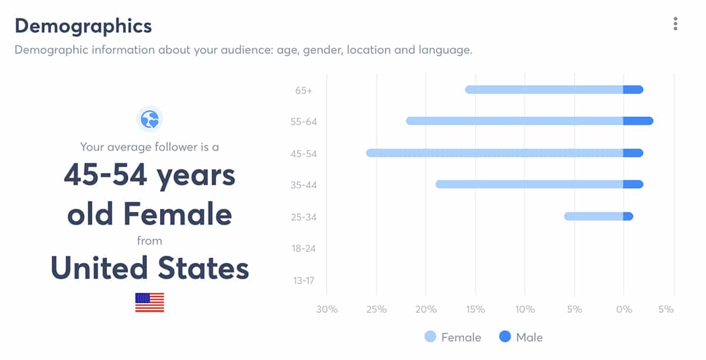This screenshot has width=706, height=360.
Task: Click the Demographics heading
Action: coord(83,26)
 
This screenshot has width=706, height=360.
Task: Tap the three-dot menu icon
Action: coord(675,24)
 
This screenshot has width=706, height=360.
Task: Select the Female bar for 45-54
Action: coord(494,153)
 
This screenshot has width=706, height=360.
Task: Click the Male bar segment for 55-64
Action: coord(638,121)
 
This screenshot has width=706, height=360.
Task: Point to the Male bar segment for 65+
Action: coord(633,90)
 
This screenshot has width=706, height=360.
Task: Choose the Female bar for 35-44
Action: coord(529,185)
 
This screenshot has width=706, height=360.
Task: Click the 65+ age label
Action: coord(304,91)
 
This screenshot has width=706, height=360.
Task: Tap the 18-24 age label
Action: coord(304,248)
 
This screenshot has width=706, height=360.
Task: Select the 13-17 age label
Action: coord(304,281)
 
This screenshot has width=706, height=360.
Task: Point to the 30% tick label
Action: coord(327,309)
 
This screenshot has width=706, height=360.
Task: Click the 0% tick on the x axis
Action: coord(624,309)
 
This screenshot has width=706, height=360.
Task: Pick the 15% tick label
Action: coord(475,309)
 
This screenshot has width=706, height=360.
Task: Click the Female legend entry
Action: coord(453,337)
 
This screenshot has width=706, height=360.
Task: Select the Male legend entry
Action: coord(521,337)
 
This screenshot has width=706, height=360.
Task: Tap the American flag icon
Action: coord(149,302)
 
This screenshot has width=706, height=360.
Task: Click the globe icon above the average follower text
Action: coord(149,119)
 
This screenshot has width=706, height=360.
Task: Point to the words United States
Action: coord(149,268)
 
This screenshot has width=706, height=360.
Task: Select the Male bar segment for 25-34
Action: coord(628,216)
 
